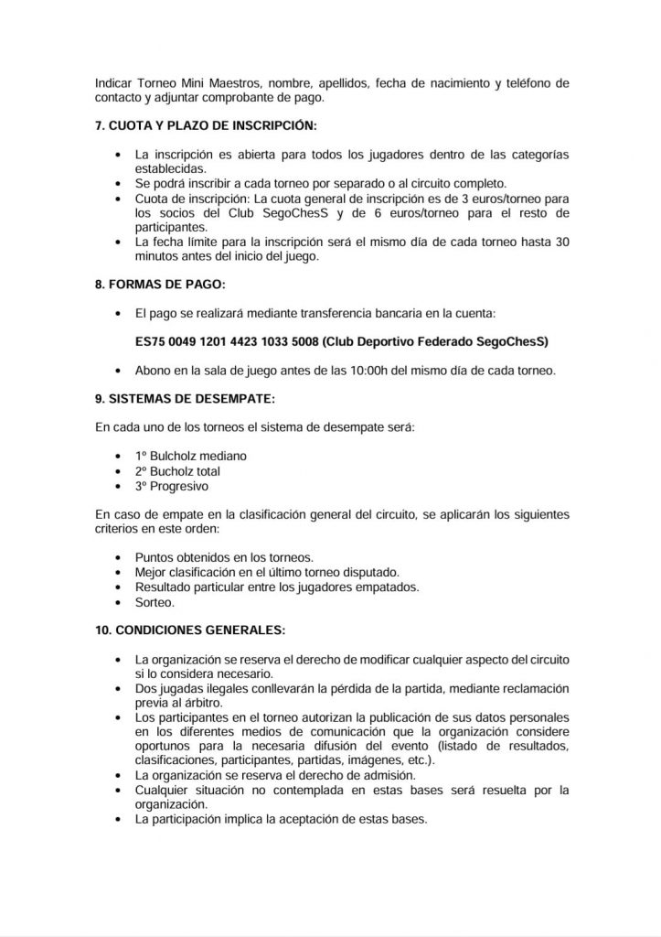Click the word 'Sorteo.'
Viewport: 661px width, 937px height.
click(x=155, y=601)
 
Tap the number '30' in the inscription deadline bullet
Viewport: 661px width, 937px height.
click(x=563, y=242)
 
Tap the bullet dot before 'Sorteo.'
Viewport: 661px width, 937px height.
click(x=118, y=602)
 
